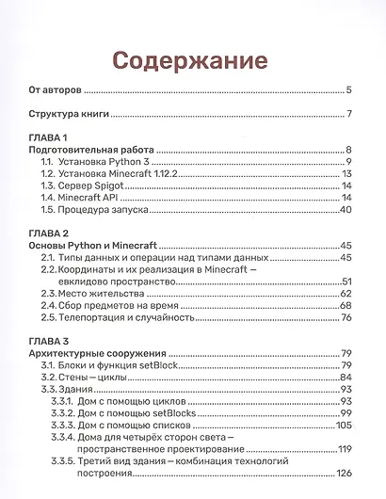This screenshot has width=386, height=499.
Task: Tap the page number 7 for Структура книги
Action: pos(348,115)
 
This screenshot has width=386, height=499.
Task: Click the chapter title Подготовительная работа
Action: pos(91,150)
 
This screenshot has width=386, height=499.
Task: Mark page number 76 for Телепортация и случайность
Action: pos(345,318)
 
